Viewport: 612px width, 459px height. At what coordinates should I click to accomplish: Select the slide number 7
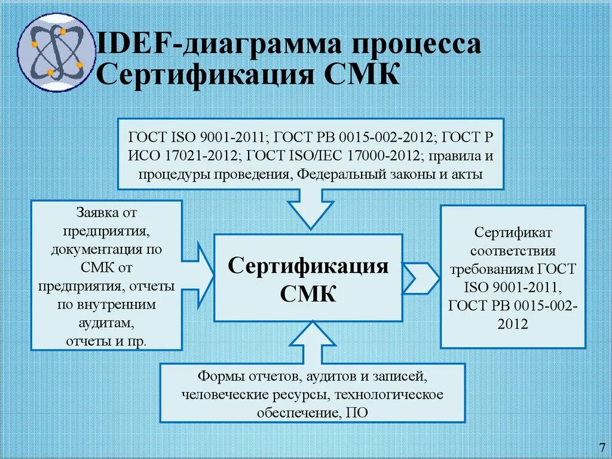pos(601,448)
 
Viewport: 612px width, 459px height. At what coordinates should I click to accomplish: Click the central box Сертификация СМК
pos(308,278)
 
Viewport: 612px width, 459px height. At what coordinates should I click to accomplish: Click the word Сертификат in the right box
pos(513,231)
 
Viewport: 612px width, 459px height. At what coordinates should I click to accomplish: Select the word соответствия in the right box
pos(513,250)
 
